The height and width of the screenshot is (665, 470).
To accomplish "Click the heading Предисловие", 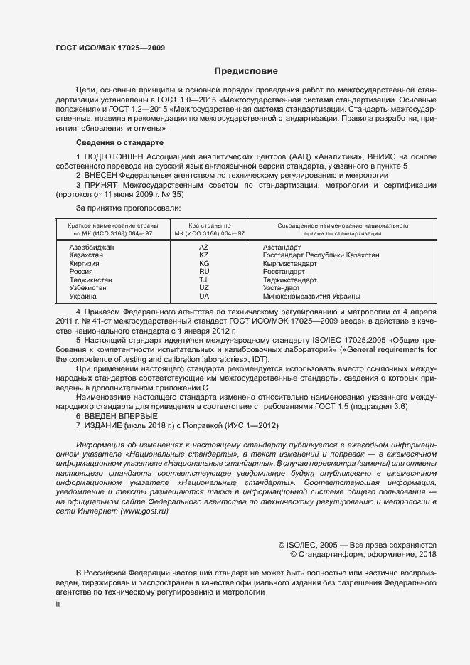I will (x=247, y=71).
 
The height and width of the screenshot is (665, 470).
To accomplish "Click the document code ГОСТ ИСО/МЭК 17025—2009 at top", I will (x=110, y=48).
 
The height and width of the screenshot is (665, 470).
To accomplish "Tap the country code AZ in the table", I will (x=203, y=247).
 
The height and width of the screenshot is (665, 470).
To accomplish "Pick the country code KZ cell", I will (x=203, y=255).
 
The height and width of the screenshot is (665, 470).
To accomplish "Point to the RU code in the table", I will (x=203, y=271).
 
